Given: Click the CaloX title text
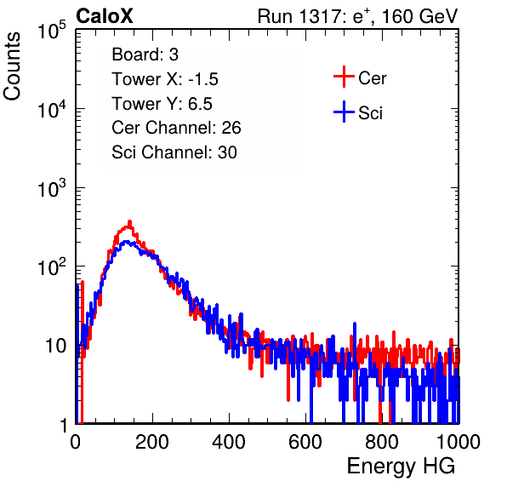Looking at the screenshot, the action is tap(105, 16).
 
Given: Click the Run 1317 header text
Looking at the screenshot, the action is tap(357, 16).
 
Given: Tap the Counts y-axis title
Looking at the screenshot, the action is tap(12, 66).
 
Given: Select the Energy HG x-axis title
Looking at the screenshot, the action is tap(401, 467).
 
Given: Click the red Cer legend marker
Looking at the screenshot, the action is tap(344, 77).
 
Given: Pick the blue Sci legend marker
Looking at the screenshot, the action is tap(344, 112).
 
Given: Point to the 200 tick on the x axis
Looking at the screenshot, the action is tap(152, 442).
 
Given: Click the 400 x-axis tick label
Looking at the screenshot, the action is tap(229, 442).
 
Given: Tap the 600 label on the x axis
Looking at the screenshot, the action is tap(305, 442).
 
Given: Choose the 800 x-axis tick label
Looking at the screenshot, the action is tap(382, 442).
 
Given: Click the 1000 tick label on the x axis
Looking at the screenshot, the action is tap(459, 442).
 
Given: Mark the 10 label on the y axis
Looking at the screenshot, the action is tap(56, 346).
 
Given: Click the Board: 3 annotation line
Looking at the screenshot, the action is tap(145, 54).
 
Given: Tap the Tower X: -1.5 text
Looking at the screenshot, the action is tap(165, 79).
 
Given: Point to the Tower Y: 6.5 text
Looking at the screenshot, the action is tap(162, 104).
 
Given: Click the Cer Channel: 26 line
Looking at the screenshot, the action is tap(176, 128).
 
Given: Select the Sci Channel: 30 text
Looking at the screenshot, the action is tap(174, 152).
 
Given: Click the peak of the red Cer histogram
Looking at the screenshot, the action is tap(129, 221).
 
